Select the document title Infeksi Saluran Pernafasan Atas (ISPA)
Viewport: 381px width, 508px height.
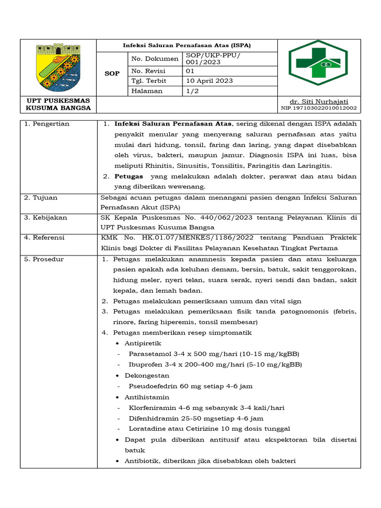[187, 45]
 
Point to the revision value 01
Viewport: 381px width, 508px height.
[191, 71]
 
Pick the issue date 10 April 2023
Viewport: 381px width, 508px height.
[209, 81]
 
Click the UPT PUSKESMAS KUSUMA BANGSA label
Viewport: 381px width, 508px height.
[58, 105]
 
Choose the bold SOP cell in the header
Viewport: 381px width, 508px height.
[112, 73]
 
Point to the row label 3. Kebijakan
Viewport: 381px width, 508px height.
[46, 218]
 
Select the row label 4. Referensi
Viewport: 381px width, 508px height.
[45, 238]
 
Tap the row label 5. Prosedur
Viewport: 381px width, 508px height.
[44, 259]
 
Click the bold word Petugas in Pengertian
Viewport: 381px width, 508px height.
[128, 176]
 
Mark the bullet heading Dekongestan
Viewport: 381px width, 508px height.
[147, 376]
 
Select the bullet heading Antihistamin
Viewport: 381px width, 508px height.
[146, 397]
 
